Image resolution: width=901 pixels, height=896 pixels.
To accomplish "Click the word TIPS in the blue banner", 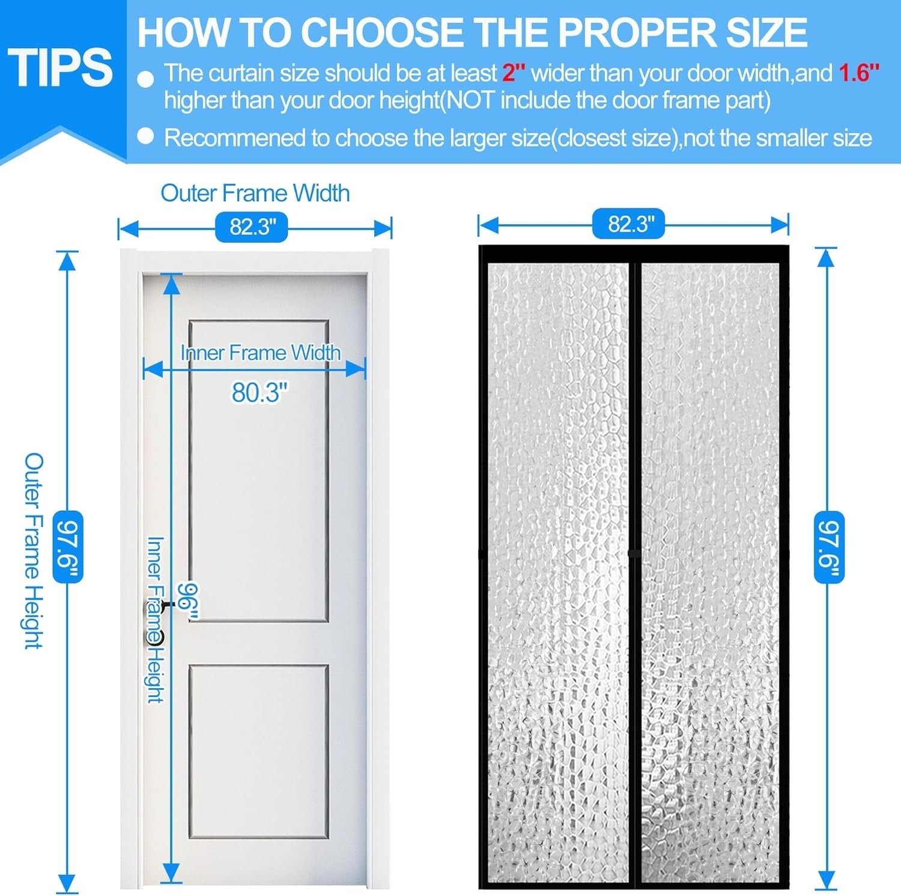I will (x=61, y=67).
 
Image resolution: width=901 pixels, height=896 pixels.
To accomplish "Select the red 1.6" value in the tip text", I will (x=858, y=73).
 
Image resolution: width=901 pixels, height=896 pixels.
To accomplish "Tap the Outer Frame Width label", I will (x=255, y=193).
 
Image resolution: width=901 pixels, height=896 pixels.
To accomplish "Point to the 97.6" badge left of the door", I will (x=68, y=546).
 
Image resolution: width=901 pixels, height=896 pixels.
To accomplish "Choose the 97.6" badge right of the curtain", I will (x=829, y=546).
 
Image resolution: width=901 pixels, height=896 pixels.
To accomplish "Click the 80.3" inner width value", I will (x=259, y=392).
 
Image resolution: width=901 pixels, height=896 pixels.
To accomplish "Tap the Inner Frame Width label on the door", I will (x=261, y=353).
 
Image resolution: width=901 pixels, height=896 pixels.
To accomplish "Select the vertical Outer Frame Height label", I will (x=34, y=550).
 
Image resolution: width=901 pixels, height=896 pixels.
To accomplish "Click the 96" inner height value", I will (x=189, y=601).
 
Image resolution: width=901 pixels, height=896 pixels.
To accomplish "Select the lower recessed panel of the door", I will (x=259, y=751).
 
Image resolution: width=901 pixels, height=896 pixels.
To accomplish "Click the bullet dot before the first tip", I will (x=146, y=79).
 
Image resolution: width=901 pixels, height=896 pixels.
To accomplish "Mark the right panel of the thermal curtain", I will (x=710, y=571).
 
